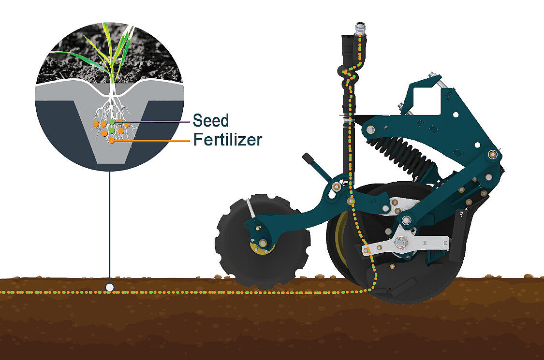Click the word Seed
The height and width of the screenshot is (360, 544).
point(211,120)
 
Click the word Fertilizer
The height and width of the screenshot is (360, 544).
point(228,140)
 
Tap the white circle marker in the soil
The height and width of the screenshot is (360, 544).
point(110,287)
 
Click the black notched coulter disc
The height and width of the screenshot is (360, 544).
point(262,242)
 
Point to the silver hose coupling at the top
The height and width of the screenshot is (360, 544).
point(359,29)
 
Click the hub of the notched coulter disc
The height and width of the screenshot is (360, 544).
point(262,243)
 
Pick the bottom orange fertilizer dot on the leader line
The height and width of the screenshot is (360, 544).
point(111,141)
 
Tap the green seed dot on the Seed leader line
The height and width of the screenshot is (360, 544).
point(111,122)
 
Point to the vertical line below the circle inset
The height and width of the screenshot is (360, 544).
point(110,227)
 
